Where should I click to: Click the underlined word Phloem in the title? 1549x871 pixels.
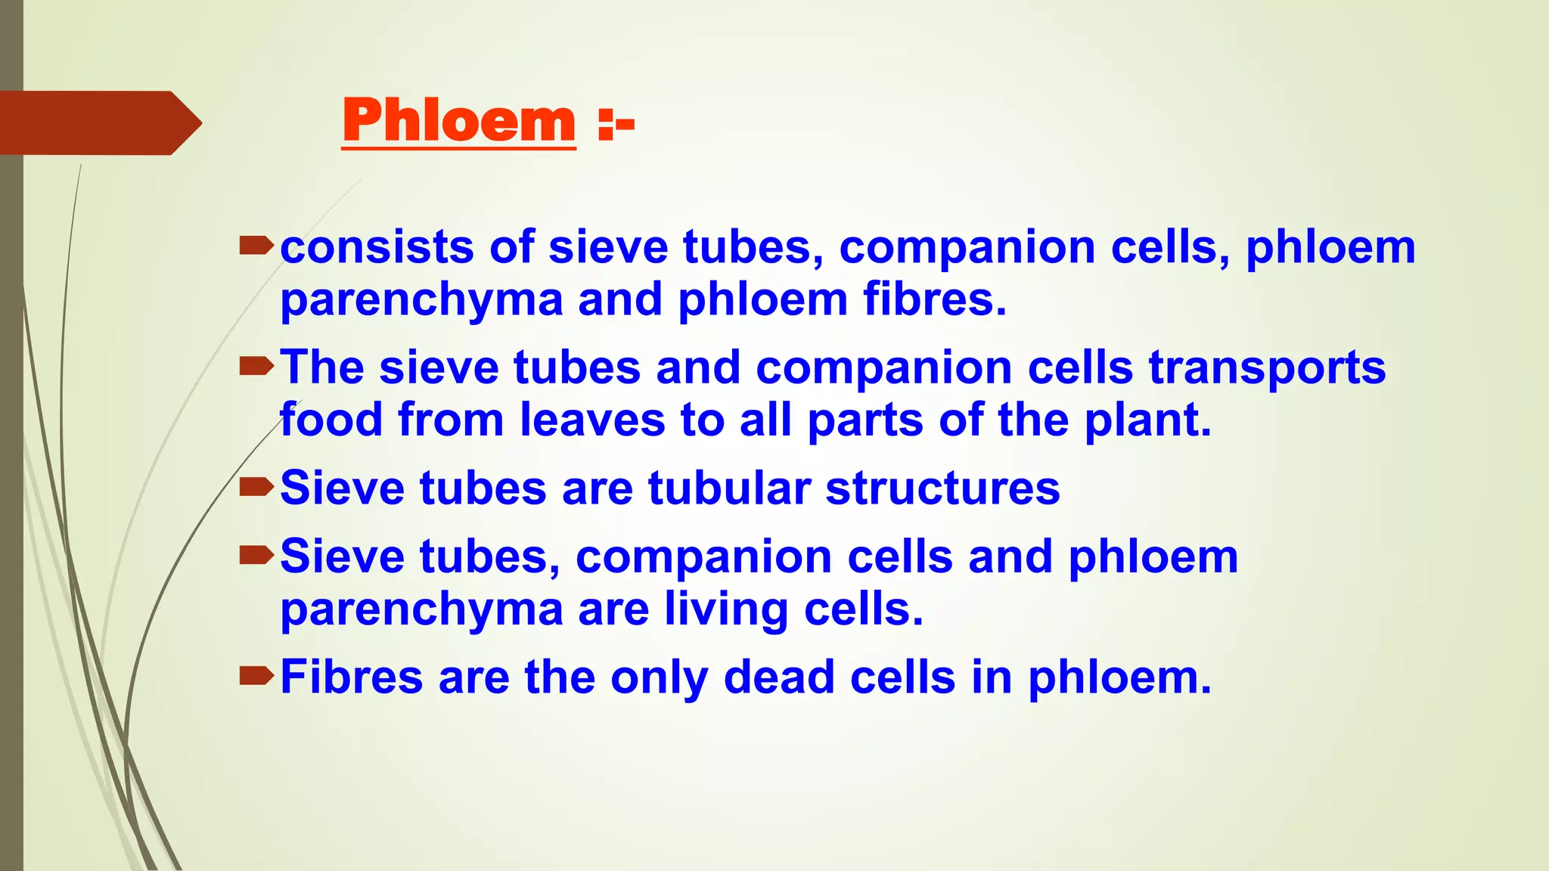point(458,121)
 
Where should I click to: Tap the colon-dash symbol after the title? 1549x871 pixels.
point(616,125)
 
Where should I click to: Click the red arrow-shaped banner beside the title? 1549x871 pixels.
point(98,123)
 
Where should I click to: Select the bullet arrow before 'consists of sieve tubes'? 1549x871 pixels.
point(256,246)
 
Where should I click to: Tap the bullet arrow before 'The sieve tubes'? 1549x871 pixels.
point(256,367)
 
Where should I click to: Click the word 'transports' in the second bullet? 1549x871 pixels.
point(1267,369)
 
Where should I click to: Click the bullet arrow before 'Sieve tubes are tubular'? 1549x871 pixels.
point(256,488)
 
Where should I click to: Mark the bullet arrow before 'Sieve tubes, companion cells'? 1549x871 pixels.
point(256,556)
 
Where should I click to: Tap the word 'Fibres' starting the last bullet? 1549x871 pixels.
point(351,677)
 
